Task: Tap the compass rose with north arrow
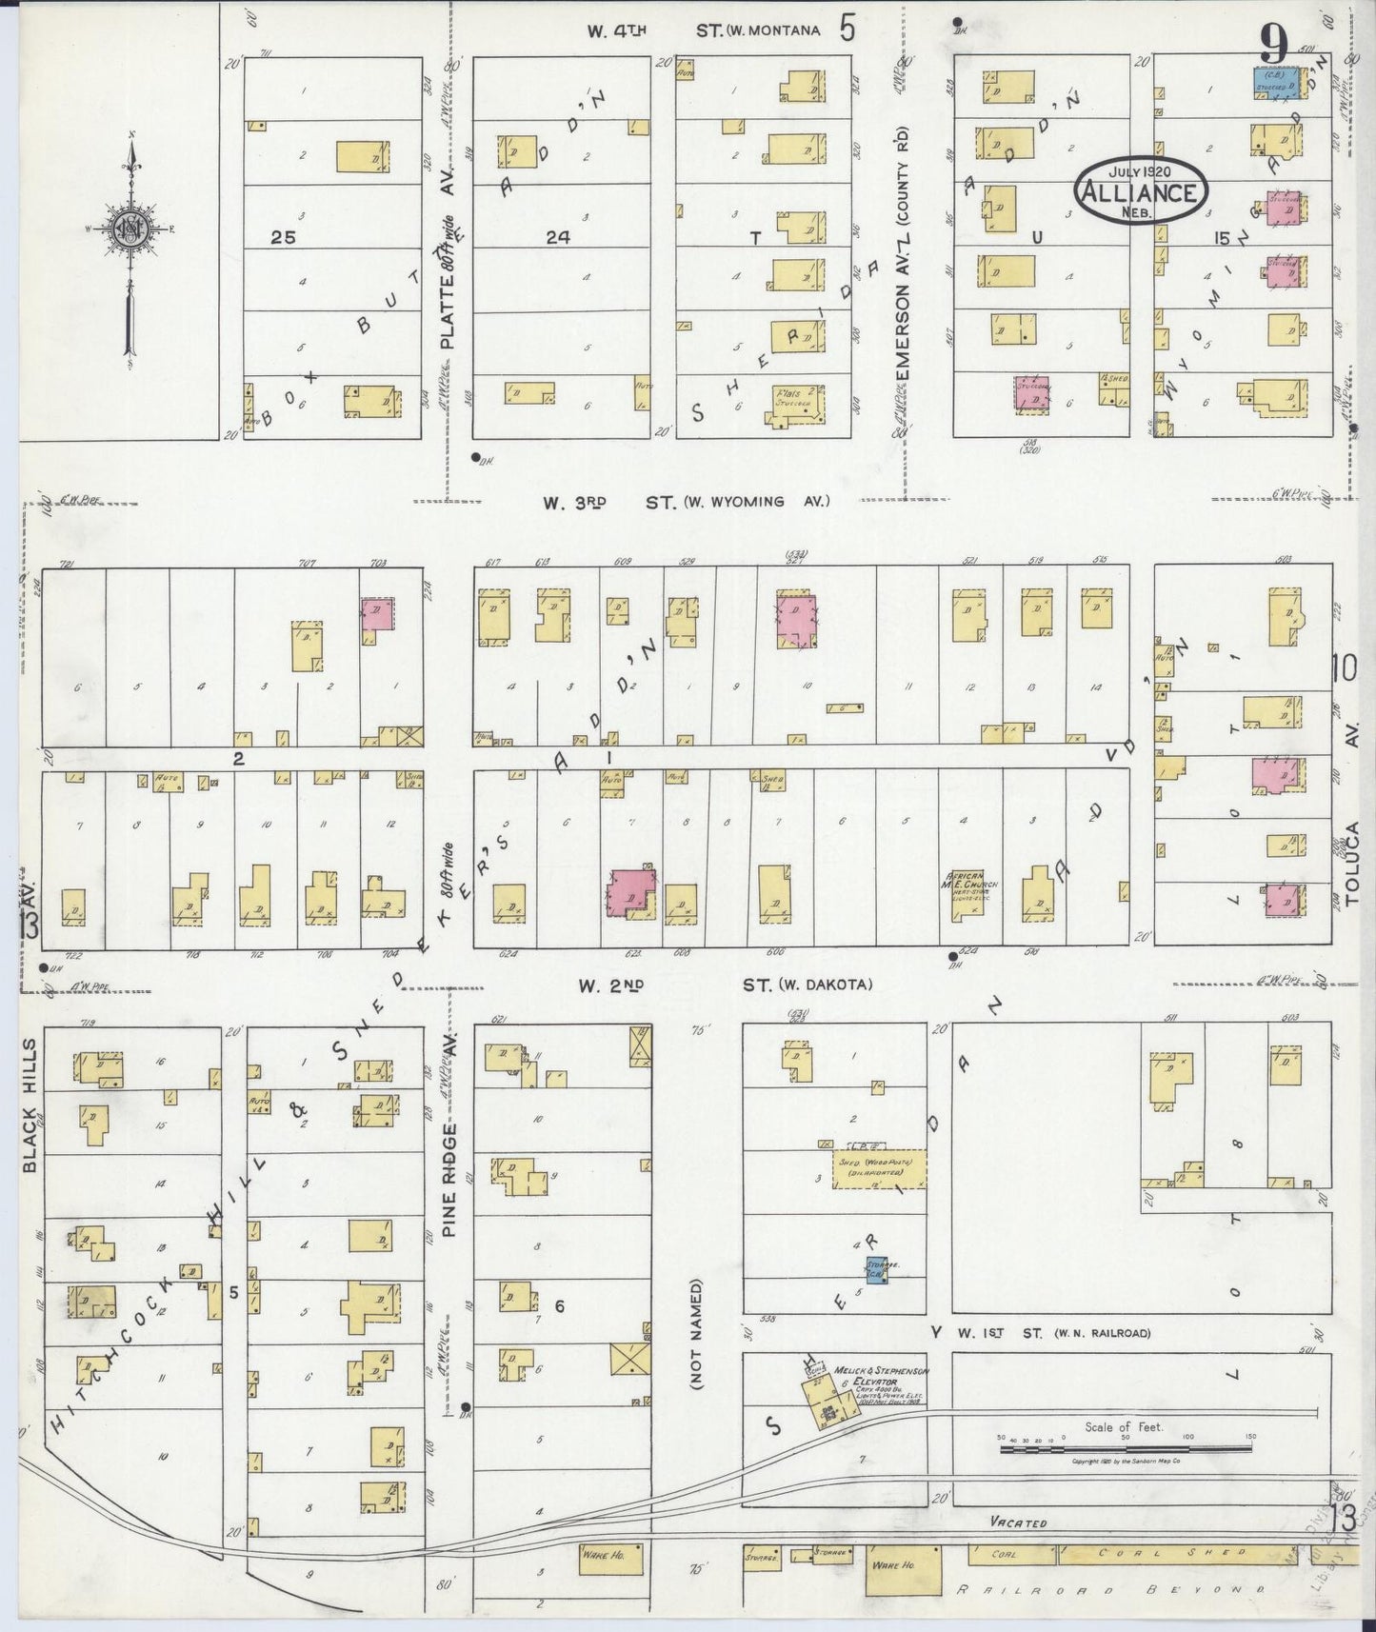tap(129, 229)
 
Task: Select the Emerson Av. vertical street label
tap(901, 276)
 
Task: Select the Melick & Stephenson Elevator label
tap(879, 1377)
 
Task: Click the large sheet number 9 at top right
tap(1274, 43)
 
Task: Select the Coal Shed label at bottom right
tap(1152, 1554)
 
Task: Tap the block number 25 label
tap(283, 238)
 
